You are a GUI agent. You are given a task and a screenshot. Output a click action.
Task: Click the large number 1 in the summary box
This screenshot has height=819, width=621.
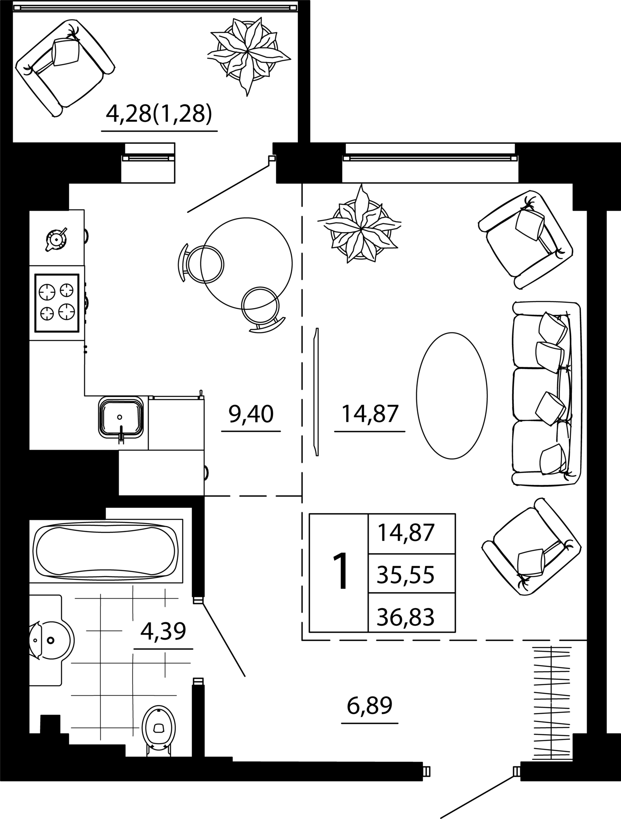[340, 571]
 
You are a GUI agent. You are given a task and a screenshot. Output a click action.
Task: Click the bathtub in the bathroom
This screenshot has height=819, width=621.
[106, 550]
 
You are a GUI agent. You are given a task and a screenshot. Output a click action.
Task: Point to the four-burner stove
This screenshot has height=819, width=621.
[57, 303]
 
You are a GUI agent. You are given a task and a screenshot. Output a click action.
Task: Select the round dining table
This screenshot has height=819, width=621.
[246, 264]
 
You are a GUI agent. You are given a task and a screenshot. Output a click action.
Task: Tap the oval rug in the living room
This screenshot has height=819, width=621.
[452, 396]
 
